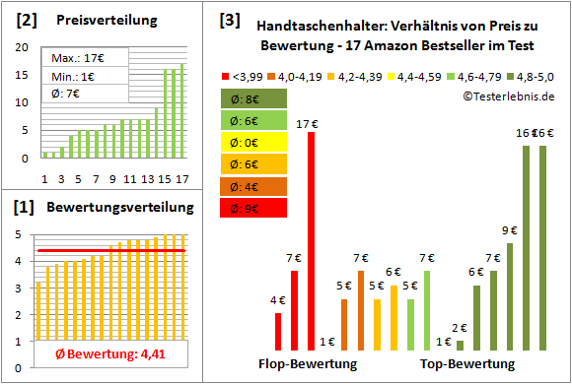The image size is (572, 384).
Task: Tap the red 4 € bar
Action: [278, 332]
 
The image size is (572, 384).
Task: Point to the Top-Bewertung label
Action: [467, 364]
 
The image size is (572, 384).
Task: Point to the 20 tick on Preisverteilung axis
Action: [23, 47]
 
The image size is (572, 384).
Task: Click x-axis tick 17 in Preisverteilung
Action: [180, 178]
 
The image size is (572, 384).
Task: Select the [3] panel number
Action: [228, 20]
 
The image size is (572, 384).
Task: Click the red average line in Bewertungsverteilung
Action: [108, 251]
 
